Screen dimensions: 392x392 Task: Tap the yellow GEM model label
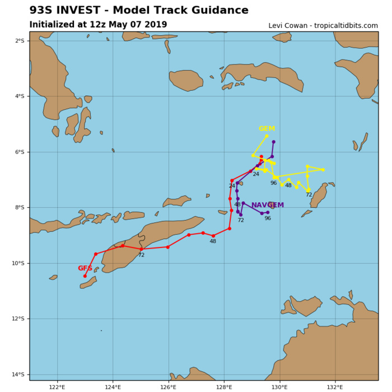point(267,129)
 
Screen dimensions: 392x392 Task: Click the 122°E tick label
point(57,386)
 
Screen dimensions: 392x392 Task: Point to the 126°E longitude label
point(169,386)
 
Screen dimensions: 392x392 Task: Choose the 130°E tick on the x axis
point(279,386)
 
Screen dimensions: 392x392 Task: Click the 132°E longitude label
point(335,386)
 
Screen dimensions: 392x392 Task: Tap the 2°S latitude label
point(20,41)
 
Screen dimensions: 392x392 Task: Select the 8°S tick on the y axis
point(20,208)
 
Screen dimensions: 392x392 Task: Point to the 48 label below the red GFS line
point(213,241)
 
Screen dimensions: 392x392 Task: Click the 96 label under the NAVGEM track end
point(268,218)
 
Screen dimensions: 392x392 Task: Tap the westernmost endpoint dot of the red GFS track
point(85,276)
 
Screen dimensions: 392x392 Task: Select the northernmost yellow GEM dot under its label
point(267,136)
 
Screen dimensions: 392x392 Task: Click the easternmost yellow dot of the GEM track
point(323,170)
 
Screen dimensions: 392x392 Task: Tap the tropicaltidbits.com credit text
point(347,26)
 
